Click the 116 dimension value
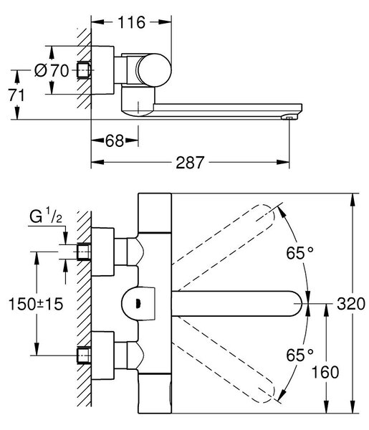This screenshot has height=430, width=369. [x=131, y=22]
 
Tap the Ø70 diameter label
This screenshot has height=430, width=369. [x=52, y=70]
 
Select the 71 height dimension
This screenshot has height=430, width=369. [x=16, y=95]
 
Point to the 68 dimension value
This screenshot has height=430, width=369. [x=115, y=140]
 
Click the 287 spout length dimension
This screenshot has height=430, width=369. [x=190, y=163]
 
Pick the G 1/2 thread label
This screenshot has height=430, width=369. [x=46, y=216]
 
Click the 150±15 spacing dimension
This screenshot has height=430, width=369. [x=36, y=304]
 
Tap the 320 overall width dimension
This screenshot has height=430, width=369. [x=350, y=304]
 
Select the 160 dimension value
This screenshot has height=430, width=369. [x=325, y=373]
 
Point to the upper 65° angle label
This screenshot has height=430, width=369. [x=299, y=253]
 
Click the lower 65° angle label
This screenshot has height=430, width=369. [x=299, y=355]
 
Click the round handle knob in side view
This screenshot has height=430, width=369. [x=154, y=70]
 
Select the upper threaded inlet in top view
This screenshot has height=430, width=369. [x=84, y=252]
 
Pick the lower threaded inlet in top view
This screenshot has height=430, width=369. [x=84, y=355]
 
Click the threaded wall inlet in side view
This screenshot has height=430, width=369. [x=84, y=70]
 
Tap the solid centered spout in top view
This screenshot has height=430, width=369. [x=236, y=304]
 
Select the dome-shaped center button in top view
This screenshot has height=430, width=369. [x=138, y=304]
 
